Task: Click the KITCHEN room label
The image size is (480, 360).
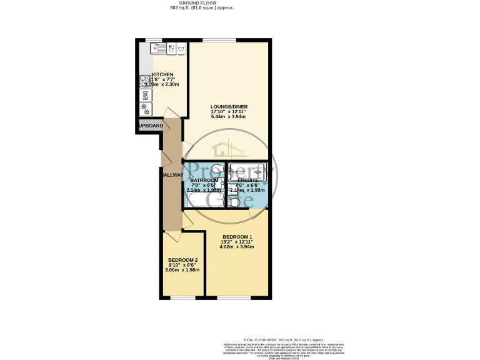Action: (x=162, y=74)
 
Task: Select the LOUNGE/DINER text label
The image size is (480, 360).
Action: (x=229, y=106)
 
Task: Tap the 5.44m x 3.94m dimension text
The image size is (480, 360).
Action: (x=229, y=117)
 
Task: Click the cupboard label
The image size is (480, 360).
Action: (x=151, y=126)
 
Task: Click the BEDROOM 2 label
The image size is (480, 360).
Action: (x=182, y=260)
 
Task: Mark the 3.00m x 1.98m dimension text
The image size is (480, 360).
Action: (x=182, y=270)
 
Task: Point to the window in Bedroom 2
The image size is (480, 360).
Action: (x=182, y=297)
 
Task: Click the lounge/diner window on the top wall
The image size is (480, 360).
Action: (x=219, y=41)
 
